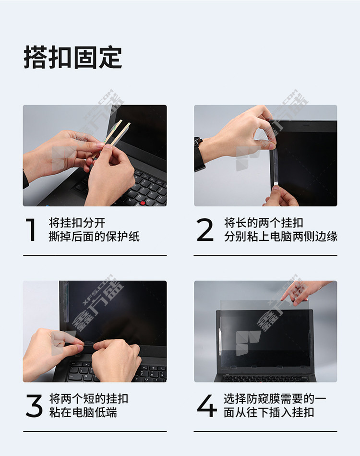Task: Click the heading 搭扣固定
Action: point(72,57)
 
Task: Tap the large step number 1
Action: point(31,230)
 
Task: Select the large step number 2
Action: point(205,230)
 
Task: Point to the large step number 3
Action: point(34,406)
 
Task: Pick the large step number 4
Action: point(207,406)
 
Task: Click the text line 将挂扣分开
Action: point(77,223)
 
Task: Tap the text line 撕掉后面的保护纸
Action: point(94,237)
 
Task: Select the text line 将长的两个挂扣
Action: point(264,223)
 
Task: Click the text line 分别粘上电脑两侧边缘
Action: point(281,237)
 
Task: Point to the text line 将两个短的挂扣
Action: point(88,399)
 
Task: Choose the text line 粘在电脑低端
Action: point(83,412)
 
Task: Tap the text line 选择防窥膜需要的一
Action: point(275,399)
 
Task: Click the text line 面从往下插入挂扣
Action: point(269,412)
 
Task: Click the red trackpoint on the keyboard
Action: point(143,203)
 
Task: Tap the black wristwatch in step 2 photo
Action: point(199,154)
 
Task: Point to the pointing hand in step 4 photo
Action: point(305,292)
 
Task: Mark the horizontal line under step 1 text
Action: point(95,256)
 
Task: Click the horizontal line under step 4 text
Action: point(265,432)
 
